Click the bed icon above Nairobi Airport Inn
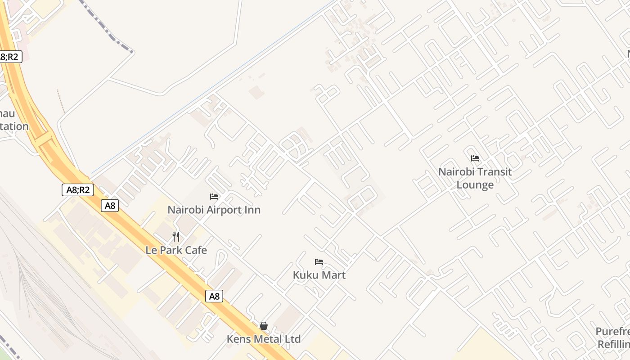click(214, 197)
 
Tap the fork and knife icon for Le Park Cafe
click(176, 236)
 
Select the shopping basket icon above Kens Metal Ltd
click(264, 326)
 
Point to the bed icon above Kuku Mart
click(319, 262)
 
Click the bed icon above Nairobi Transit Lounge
click(475, 158)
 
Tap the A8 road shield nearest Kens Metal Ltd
click(215, 296)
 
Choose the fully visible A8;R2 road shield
click(78, 190)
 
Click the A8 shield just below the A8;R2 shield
click(110, 206)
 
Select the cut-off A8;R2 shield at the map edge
click(10, 57)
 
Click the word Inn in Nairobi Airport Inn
click(252, 210)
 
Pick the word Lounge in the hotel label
click(475, 185)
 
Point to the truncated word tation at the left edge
click(14, 126)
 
